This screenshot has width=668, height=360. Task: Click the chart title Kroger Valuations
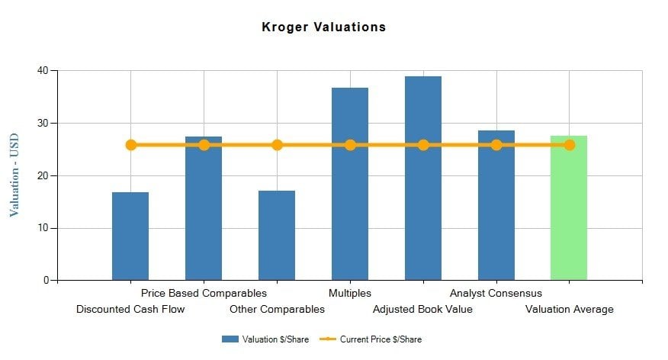tap(324, 27)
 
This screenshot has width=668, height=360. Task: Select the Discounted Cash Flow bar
tap(130, 236)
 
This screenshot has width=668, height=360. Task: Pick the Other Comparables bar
tap(277, 236)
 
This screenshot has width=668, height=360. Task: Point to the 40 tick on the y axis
tap(42, 71)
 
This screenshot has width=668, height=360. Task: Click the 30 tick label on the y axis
tap(42, 124)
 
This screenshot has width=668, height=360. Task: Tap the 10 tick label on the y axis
tap(42, 228)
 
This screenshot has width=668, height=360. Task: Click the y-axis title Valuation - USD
tap(14, 175)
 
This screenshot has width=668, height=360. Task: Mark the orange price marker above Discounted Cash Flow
tap(131, 145)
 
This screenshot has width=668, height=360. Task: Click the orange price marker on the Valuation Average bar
tap(570, 145)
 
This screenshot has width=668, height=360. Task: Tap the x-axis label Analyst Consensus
tap(496, 293)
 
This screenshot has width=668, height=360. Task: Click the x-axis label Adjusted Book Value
tap(422, 310)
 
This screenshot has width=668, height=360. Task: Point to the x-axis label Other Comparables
tap(277, 310)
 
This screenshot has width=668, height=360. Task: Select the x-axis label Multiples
tap(350, 293)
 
